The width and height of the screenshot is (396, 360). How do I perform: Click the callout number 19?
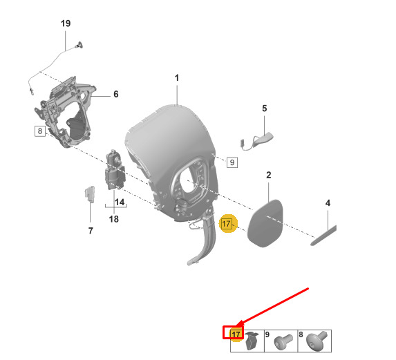66,23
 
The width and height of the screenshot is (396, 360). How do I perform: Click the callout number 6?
116,94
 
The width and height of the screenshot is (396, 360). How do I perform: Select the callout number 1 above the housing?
177,78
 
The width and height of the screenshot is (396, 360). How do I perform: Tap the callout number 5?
265,108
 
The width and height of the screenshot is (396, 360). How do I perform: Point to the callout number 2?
268,175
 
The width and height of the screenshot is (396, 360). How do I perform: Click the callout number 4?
328,203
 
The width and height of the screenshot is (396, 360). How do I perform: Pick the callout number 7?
91,231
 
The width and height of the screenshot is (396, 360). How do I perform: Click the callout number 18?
114,219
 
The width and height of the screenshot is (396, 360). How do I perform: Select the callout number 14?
120,202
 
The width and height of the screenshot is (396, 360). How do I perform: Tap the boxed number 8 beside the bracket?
40,131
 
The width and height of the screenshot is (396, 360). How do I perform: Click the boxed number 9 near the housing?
232,162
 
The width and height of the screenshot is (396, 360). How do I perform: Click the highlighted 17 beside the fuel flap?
226,224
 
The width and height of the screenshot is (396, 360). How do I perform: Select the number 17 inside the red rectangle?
236,334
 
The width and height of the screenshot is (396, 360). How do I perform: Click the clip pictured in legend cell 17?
252,341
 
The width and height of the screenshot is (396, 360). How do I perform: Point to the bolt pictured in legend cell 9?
283,341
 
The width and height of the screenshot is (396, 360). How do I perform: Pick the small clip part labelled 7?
90,194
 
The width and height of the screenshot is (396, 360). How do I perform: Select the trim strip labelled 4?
323,235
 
